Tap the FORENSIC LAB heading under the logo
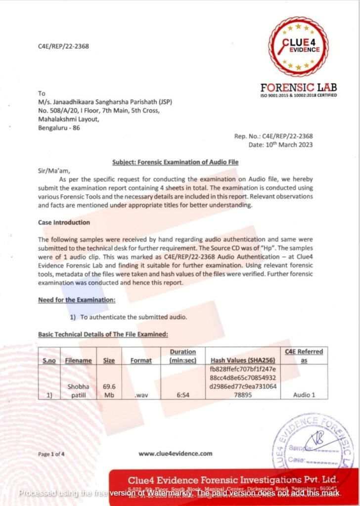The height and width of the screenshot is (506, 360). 299,87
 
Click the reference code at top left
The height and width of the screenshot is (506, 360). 63,46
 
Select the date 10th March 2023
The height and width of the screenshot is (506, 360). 280,144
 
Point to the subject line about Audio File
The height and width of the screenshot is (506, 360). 176,162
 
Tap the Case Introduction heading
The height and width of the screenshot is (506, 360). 64,222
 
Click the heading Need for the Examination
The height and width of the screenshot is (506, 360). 77,300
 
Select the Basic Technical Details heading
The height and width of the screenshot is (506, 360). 103,334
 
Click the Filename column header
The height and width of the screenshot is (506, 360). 78,360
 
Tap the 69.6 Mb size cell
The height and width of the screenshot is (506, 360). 109,391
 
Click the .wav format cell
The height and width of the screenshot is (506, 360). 141,395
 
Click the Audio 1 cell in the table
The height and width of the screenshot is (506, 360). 303,395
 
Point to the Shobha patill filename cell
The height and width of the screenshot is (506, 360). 78,391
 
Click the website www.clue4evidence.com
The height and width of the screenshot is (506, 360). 175,453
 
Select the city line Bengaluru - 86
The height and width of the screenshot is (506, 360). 59,128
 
